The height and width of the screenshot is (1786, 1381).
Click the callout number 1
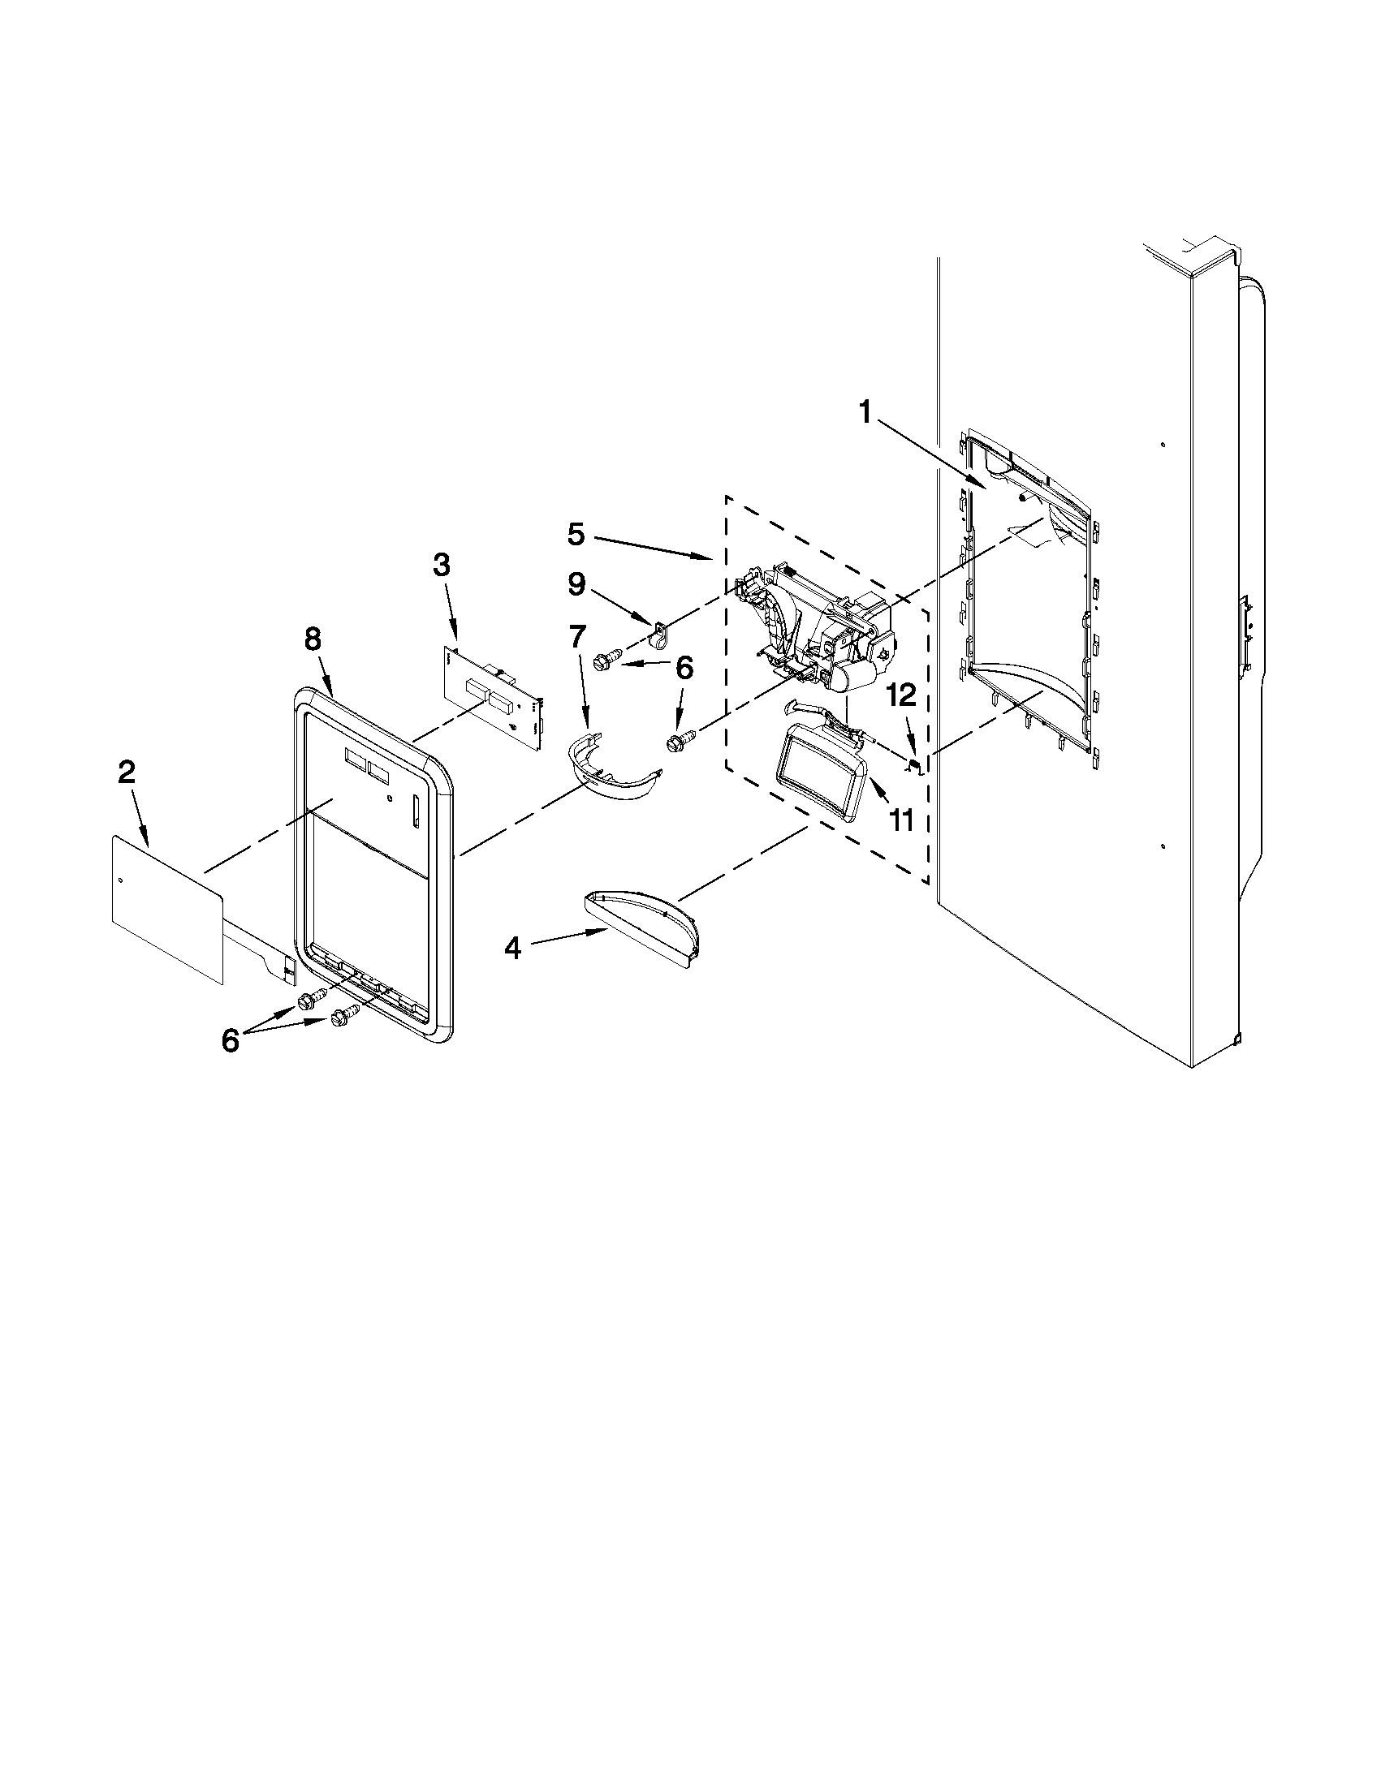865,414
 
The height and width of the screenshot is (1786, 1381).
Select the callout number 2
126,772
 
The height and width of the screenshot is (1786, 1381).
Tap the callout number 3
441,565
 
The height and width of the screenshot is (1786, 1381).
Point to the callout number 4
512,949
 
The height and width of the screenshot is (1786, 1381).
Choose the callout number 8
313,639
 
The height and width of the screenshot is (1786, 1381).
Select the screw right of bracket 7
679,741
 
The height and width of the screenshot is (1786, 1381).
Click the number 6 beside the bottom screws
231,1041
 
